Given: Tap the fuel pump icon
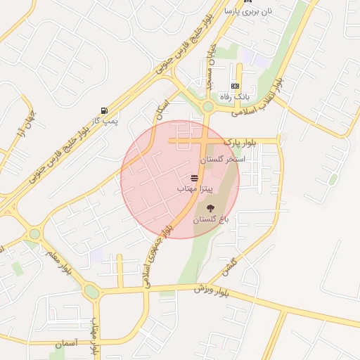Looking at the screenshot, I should point(105,110).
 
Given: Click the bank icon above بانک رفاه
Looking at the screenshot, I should point(235,86).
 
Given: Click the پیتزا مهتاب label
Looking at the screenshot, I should point(190,189).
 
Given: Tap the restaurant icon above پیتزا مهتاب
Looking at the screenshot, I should point(194,178).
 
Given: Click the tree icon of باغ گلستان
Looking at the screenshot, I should point(210,207).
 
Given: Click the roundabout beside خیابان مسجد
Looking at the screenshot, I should point(207,107).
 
